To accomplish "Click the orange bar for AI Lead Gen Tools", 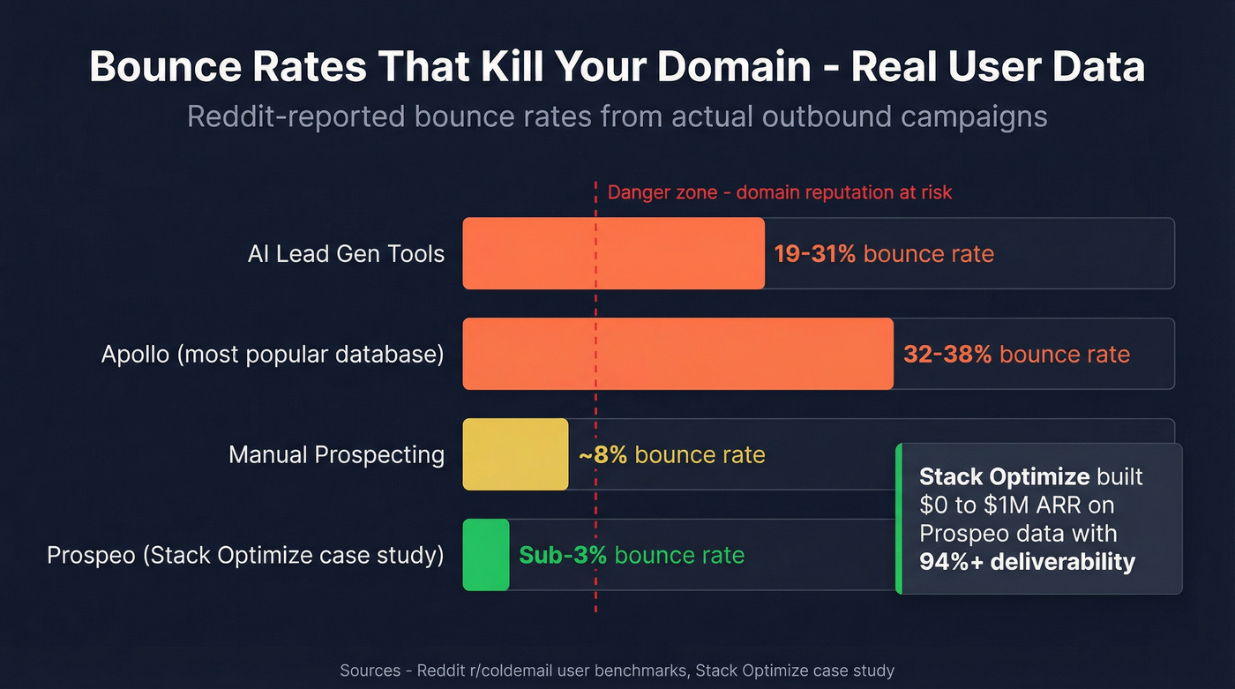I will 613,254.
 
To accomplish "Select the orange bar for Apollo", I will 677,354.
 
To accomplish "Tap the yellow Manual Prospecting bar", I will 515,454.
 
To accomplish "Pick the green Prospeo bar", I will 486,555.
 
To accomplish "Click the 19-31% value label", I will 814,254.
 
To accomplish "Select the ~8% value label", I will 603,455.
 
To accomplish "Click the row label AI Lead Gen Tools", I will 346,254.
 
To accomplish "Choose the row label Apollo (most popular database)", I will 273,355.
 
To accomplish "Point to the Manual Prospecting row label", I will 336,455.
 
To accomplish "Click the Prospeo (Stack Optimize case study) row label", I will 245,556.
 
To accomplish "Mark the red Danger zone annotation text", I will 780,192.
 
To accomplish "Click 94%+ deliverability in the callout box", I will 1027,561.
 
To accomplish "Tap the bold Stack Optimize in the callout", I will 1004,477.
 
